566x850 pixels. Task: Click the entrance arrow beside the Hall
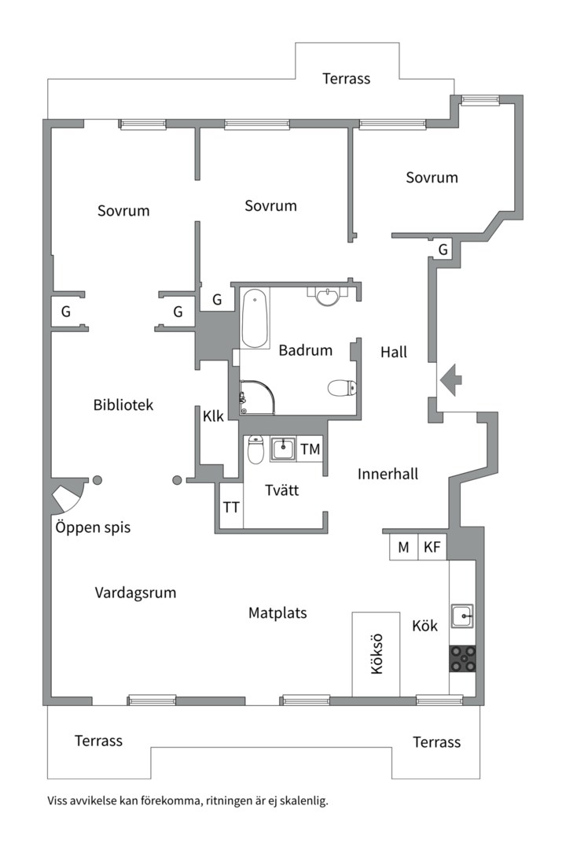click(x=450, y=380)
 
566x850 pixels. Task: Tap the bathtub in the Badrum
click(x=255, y=319)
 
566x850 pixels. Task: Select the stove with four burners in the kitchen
click(x=463, y=658)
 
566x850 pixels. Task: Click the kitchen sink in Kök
click(x=463, y=615)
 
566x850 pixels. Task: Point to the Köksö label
click(x=376, y=654)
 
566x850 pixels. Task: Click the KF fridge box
click(x=432, y=548)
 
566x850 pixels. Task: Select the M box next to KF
click(x=403, y=548)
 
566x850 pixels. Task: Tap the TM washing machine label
click(x=311, y=449)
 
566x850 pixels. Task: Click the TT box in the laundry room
click(x=231, y=507)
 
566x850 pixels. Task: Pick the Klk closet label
click(x=213, y=416)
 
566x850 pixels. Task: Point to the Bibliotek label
click(x=123, y=405)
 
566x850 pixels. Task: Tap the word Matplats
click(x=277, y=612)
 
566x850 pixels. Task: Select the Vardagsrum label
click(x=135, y=593)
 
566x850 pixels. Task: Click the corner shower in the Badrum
click(x=256, y=397)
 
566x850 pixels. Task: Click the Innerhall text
click(x=388, y=474)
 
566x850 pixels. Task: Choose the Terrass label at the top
click(x=346, y=79)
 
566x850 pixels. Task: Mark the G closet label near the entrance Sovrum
click(x=443, y=249)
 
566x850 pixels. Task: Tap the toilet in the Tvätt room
click(x=255, y=451)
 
